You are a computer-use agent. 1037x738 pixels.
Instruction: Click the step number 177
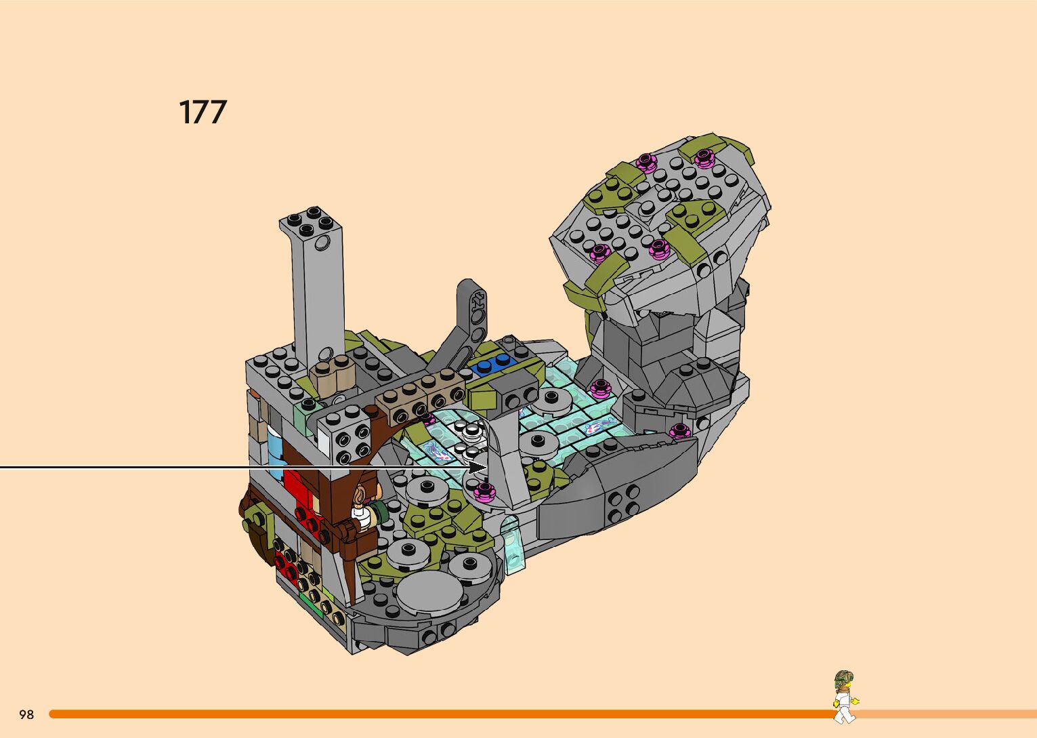[203, 112]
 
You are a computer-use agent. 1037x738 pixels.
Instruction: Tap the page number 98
[26, 714]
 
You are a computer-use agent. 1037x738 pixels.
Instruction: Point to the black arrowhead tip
[487, 468]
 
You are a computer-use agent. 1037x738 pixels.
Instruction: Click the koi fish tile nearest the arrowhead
[437, 451]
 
